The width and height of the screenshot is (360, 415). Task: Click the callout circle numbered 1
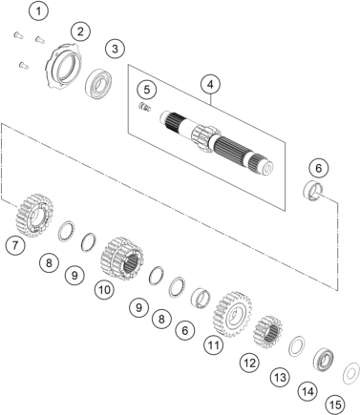pyautogui.click(x=38, y=11)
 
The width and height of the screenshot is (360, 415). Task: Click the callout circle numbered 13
pyautogui.click(x=279, y=378)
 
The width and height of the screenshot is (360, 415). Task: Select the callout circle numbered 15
pyautogui.click(x=335, y=405)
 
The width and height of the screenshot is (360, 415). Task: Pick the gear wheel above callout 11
pyautogui.click(x=232, y=311)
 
